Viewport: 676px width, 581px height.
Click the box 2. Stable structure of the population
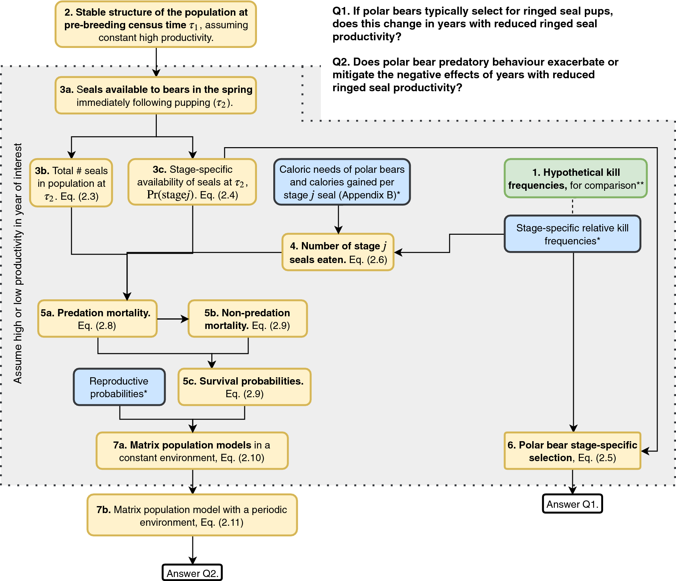coord(156,25)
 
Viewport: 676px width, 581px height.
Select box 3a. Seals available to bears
coord(156,96)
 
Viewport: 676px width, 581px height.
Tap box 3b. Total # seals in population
coord(71,183)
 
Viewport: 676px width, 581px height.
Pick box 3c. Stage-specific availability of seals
coord(192,182)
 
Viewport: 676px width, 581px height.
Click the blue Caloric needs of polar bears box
coord(342,182)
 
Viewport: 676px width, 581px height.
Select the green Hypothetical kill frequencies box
coord(575,179)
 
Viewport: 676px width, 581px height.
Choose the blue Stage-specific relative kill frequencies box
coord(572,234)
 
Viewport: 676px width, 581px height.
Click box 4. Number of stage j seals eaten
coord(338,252)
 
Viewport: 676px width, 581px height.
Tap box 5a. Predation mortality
coord(97,319)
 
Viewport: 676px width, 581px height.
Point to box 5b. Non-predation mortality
coord(247,319)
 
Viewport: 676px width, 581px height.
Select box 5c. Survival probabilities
coord(244,387)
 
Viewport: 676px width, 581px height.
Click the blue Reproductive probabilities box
coord(119,387)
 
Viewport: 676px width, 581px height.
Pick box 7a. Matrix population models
coord(192,451)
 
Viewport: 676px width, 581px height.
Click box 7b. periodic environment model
coord(192,515)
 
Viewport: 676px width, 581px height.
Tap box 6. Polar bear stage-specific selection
coord(572,451)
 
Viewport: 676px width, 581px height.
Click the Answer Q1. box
coord(572,504)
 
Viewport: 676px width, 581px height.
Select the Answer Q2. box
coord(192,573)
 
